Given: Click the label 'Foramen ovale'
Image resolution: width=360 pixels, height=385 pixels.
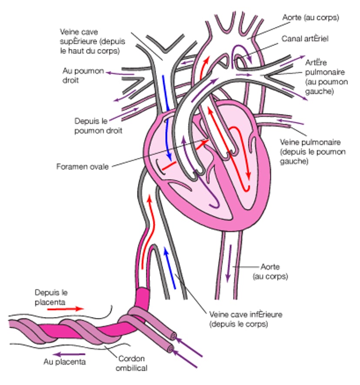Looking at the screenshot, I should click(x=83, y=166).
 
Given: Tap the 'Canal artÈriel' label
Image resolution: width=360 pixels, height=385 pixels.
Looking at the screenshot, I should click(x=305, y=39).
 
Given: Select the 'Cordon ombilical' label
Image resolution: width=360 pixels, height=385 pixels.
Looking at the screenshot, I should click(x=131, y=363).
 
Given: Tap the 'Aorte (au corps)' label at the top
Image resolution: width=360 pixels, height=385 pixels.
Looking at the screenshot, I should click(x=310, y=18).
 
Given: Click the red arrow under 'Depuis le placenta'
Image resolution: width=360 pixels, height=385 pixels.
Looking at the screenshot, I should click(x=65, y=309).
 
